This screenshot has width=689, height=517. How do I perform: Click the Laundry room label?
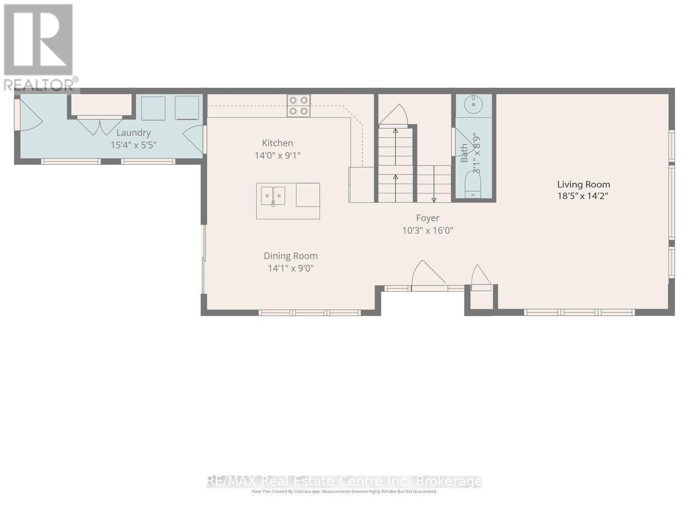click(x=133, y=133)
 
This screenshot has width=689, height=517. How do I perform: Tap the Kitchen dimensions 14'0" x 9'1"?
click(x=277, y=155)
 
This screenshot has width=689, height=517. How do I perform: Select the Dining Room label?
click(x=291, y=256)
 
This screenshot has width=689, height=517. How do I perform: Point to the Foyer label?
click(x=428, y=218)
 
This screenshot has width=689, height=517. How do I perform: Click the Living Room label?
click(x=583, y=184)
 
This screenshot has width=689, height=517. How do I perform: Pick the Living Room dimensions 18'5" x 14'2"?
click(x=583, y=196)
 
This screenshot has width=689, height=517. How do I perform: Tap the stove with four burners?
click(x=299, y=106)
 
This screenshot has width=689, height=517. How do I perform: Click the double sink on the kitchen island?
click(x=273, y=196)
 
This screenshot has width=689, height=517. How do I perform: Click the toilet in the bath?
click(x=473, y=187)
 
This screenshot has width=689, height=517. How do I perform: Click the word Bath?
click(x=464, y=153)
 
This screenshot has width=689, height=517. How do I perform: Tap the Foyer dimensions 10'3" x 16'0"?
click(x=428, y=231)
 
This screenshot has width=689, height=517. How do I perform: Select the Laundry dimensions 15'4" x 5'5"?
click(x=133, y=145)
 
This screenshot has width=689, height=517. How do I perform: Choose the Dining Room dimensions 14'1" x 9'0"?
click(x=291, y=268)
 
